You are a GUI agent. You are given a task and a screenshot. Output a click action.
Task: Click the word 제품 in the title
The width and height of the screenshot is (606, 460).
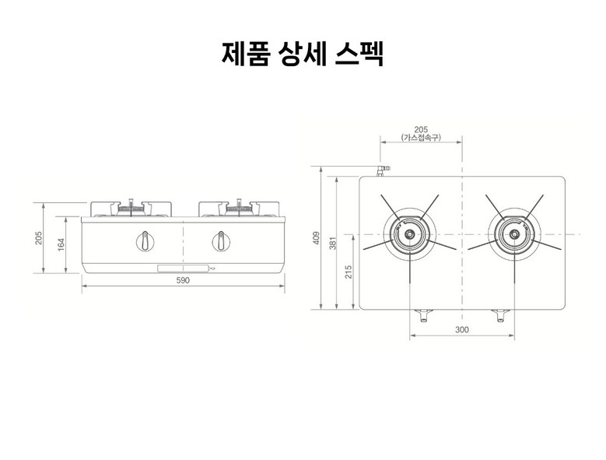tap(245, 54)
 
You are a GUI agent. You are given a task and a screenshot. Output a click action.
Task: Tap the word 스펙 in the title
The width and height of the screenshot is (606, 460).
tap(359, 54)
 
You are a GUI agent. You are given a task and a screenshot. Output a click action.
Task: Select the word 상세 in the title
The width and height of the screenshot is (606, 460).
tap(303, 54)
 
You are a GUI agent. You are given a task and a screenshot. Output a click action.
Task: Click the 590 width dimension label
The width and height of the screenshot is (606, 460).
tap(183, 280)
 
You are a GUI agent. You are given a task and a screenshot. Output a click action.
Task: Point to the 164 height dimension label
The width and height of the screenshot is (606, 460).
tap(61, 244)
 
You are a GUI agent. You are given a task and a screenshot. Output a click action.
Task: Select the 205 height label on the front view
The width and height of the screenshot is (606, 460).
tap(38, 238)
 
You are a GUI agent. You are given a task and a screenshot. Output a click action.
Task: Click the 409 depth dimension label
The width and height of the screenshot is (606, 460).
tap(317, 237)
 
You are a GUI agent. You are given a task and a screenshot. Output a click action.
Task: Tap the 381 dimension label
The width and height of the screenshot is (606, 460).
tap(333, 243)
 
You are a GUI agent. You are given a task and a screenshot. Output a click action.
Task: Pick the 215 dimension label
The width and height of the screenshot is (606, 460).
tap(349, 272)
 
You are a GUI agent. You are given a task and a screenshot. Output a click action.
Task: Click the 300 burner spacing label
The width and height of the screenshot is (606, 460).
tap(462, 329)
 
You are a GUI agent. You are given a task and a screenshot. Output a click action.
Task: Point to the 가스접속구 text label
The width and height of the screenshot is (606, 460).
tap(421, 137)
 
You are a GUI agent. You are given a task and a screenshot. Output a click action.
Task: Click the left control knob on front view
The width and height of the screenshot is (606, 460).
tap(145, 241)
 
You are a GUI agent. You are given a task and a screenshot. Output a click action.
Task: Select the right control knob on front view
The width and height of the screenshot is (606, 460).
tap(221, 241)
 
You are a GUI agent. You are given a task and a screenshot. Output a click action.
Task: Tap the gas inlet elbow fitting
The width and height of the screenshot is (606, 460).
tap(383, 170)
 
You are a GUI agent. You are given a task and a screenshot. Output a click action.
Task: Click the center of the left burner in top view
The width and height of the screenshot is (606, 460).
tap(410, 234)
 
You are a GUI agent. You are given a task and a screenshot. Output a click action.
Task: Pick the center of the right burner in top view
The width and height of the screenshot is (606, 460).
tap(514, 234)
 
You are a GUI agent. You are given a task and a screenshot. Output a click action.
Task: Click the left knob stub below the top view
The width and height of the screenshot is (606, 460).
tap(424, 315)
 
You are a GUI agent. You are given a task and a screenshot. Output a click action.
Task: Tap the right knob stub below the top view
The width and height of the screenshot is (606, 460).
tap(499, 315)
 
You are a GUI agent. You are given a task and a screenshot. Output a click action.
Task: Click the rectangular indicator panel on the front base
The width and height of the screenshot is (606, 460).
tap(183, 269)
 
